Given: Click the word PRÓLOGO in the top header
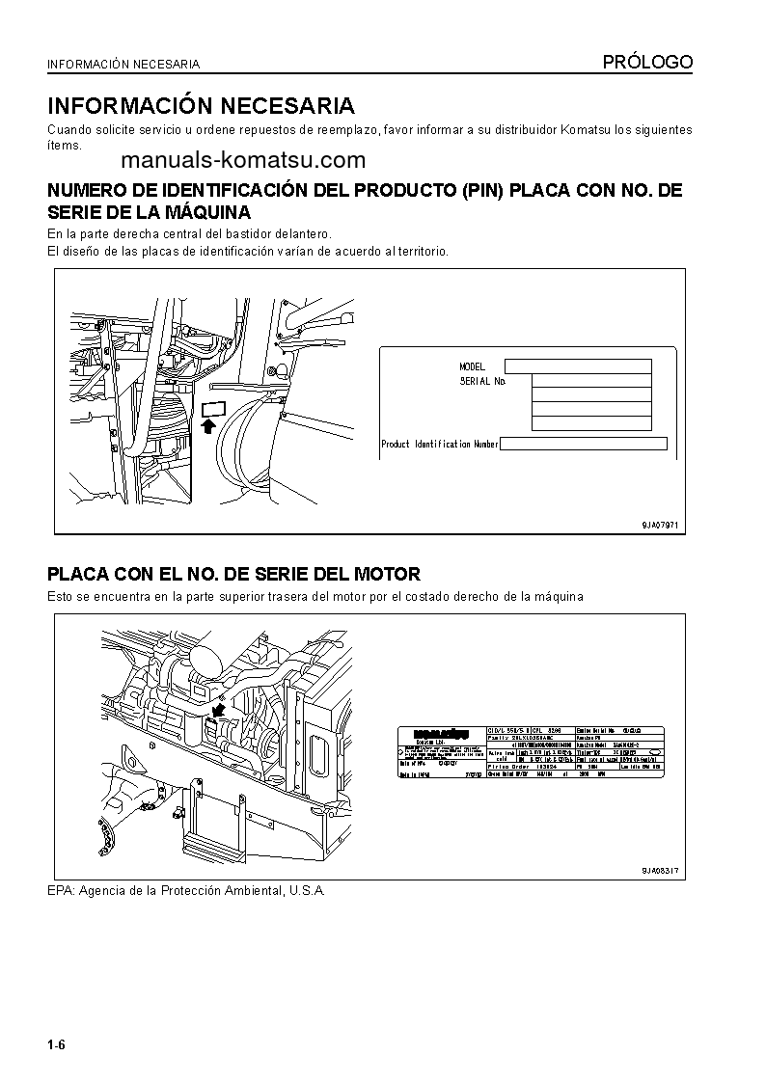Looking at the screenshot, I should coord(647,63).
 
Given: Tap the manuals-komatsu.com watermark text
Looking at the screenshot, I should coord(243,160).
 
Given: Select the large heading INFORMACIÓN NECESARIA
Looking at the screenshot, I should coord(201,105).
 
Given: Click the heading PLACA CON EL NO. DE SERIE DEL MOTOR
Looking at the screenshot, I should coord(233,574).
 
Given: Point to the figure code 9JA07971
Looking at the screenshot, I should coord(661,525).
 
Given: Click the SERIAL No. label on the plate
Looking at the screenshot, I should coord(483,382).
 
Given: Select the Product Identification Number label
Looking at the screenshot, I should coord(439,444).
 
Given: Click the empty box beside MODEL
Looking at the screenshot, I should coord(578,366).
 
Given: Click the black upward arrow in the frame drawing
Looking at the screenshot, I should coord(207,424).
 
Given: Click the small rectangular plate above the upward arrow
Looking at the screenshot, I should coord(213,408).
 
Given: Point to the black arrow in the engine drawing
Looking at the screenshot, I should coord(219,710).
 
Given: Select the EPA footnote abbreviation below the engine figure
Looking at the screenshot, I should coord(60,890).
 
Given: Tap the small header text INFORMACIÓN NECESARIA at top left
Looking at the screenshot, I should coord(123,65).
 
